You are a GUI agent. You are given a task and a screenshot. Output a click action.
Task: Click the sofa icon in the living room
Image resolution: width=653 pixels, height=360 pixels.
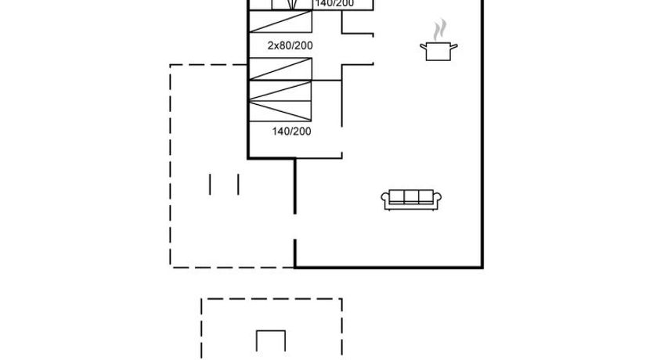[x=411, y=200]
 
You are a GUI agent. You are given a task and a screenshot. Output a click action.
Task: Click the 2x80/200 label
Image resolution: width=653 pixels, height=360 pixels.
[x=290, y=45]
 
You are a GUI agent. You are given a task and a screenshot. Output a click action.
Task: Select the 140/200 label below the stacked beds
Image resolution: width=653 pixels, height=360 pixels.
[x=291, y=131]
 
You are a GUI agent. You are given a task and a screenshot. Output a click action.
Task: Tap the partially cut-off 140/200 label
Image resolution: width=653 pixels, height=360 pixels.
[x=334, y=4]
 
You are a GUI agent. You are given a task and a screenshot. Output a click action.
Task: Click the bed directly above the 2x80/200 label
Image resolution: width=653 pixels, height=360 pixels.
[x=280, y=23]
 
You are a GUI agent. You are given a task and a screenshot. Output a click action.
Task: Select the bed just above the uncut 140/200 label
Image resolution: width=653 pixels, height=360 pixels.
[x=280, y=102]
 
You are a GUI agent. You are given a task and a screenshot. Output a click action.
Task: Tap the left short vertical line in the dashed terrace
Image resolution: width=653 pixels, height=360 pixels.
[x=211, y=184]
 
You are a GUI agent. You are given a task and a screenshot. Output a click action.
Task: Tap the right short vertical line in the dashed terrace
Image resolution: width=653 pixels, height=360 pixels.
[x=237, y=184]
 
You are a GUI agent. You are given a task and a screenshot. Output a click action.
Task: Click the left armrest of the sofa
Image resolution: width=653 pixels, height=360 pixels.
[x=385, y=200]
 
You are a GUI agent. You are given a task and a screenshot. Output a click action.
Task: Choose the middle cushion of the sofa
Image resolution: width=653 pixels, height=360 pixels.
[x=411, y=197]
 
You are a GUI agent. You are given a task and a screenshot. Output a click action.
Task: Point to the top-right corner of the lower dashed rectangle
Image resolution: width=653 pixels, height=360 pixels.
[x=341, y=298]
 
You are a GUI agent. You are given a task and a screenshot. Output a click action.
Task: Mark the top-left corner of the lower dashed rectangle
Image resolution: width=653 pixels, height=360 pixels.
[x=202, y=298]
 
